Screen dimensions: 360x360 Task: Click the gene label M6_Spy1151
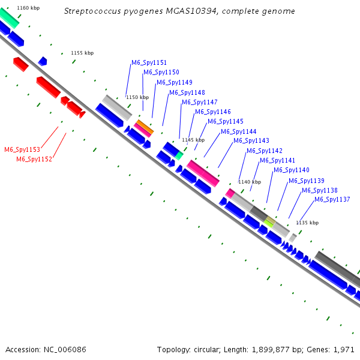tap(149, 62)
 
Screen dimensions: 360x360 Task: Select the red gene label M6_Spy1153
tap(22, 149)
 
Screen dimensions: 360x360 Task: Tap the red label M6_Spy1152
tap(34, 159)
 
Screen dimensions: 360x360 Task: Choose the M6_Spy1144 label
tap(238, 131)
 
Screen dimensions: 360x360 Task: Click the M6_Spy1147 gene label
tap(200, 102)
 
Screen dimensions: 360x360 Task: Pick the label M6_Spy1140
tap(292, 170)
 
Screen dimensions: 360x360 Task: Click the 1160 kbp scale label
tap(28, 8)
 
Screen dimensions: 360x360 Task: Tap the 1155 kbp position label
tap(82, 53)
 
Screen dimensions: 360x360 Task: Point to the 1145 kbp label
tap(193, 140)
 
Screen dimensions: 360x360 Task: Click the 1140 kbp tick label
tap(250, 182)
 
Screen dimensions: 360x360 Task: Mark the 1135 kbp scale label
tap(307, 223)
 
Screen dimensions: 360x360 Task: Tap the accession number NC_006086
tap(64, 349)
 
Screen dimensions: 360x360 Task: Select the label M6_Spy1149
tap(174, 82)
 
